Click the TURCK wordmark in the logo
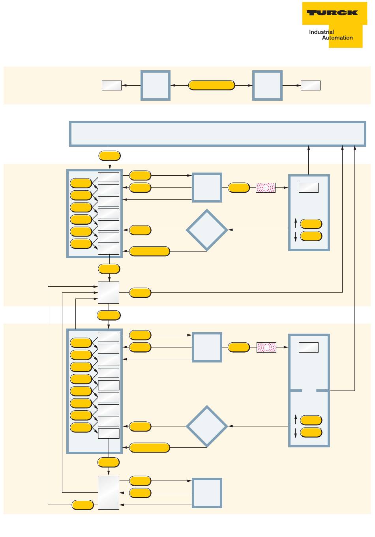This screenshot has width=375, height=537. tap(332, 13)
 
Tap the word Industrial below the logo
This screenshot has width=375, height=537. tap(321, 32)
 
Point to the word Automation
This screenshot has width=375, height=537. tap(337, 38)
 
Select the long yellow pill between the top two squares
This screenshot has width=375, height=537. tap(212, 85)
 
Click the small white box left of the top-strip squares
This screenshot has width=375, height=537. tap(112, 85)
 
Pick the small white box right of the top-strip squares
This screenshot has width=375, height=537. tap(311, 85)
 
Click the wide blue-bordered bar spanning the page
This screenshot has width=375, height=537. tap(217, 134)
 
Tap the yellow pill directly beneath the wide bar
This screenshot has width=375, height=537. tap(109, 156)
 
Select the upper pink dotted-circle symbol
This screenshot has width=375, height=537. tap(266, 188)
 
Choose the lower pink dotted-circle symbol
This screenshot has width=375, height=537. tap(266, 347)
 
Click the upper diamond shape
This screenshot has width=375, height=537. tap(207, 230)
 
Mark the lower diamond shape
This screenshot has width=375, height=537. tap(207, 426)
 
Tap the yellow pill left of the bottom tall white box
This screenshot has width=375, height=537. tap(82, 505)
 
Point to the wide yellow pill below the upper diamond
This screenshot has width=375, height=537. tap(150, 251)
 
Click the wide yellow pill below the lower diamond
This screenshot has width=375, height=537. tap(150, 448)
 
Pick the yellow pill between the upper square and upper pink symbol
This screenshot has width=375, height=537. tap(239, 188)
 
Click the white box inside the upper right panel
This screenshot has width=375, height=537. tap(309, 188)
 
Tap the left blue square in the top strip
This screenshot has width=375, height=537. tap(156, 85)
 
